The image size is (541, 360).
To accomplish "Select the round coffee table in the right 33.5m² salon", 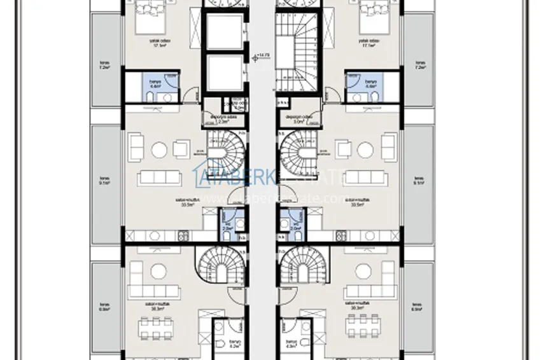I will (x=365, y=150).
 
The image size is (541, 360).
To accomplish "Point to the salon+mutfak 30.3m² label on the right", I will (x=355, y=306).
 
